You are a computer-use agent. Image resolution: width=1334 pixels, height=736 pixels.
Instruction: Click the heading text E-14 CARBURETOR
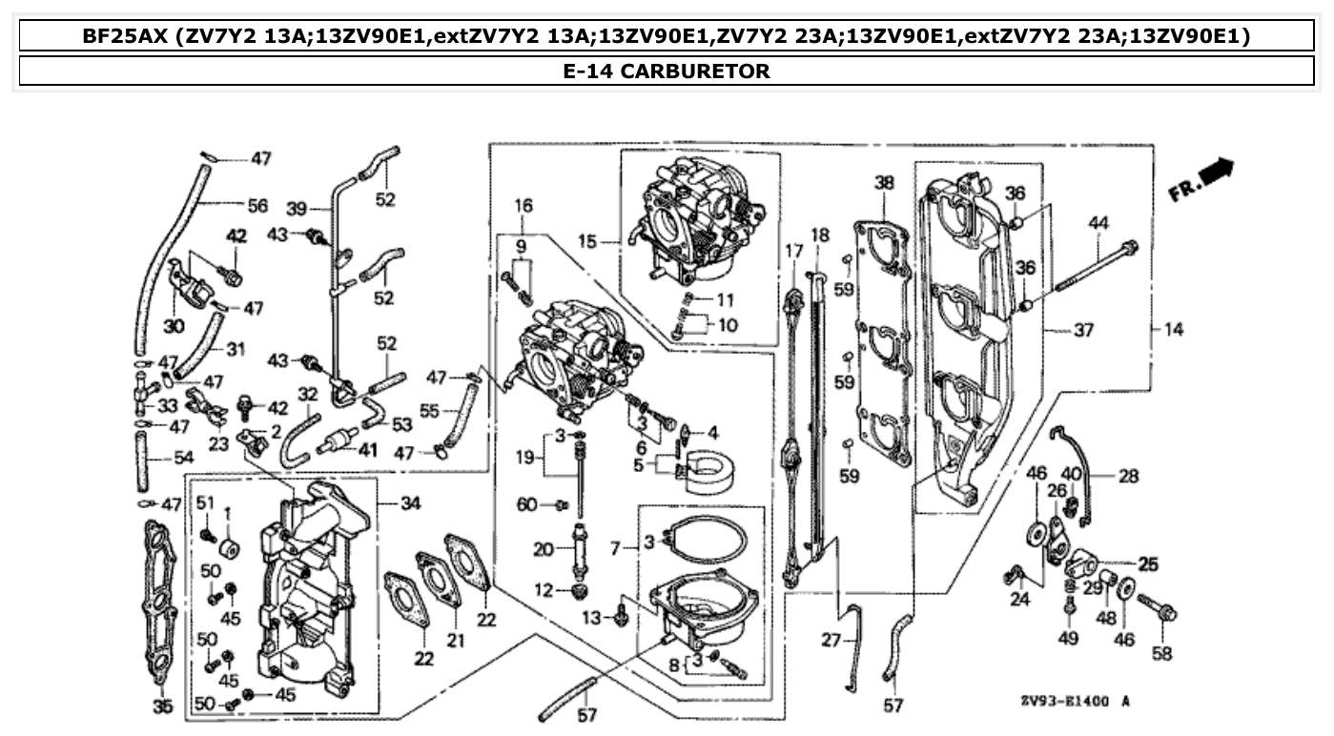click(x=666, y=71)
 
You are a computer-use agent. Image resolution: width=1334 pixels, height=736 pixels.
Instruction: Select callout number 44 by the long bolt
click(x=1098, y=222)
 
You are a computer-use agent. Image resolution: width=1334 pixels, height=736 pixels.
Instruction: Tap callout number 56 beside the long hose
click(x=257, y=205)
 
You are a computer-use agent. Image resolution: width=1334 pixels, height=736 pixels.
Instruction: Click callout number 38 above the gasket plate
click(x=885, y=182)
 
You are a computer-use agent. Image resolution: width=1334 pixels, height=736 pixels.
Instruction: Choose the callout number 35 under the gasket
click(x=162, y=706)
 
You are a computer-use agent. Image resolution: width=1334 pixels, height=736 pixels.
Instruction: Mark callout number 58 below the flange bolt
click(x=1161, y=654)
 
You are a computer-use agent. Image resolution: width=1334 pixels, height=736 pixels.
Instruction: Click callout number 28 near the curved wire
click(x=1128, y=475)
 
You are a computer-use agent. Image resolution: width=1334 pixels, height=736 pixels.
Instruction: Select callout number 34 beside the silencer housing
click(x=410, y=502)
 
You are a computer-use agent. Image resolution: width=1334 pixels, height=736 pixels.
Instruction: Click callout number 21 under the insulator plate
click(x=456, y=641)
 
